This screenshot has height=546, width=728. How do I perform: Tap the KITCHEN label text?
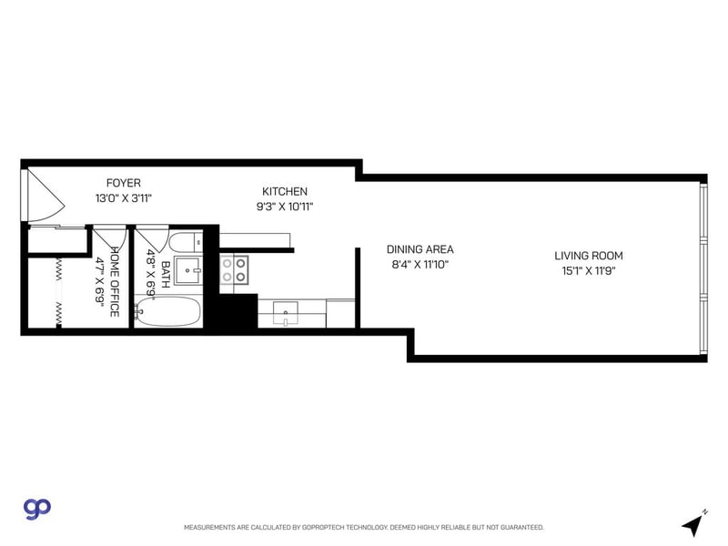(x=285, y=191)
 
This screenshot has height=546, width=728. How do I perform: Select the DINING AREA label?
(x=420, y=249)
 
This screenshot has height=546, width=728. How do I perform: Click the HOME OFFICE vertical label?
(x=115, y=281)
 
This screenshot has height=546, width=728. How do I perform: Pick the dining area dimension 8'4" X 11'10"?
(x=420, y=264)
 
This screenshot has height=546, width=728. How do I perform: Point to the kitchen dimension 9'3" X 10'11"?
(x=285, y=206)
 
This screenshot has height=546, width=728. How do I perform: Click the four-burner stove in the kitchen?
(x=235, y=269)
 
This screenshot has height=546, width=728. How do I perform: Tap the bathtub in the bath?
(x=169, y=311)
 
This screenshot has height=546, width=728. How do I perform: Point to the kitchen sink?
(x=286, y=314)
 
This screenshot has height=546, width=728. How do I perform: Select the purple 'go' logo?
(x=36, y=508)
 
